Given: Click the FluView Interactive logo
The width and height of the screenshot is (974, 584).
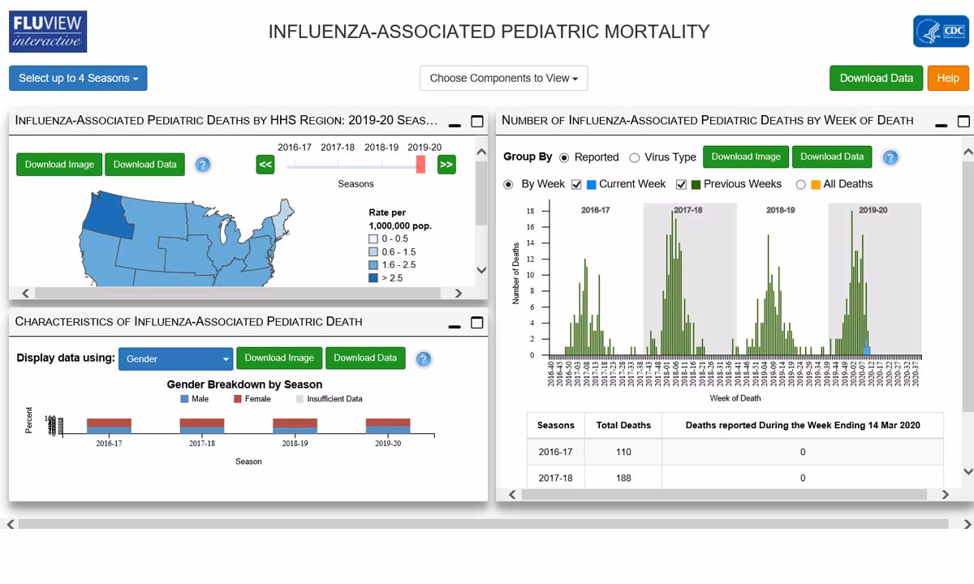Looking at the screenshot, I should [49, 32].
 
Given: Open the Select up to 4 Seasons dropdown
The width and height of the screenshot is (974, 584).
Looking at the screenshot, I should [78, 78].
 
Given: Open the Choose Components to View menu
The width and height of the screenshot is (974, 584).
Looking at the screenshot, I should [503, 78].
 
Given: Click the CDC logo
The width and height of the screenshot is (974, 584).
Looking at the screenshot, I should [940, 32].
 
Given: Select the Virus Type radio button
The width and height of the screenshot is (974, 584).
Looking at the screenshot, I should [635, 157].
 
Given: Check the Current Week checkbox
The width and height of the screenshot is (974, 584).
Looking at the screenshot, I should [576, 184].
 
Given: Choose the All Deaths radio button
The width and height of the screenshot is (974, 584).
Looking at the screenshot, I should [801, 184].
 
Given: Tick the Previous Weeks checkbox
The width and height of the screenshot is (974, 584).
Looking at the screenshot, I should [681, 184].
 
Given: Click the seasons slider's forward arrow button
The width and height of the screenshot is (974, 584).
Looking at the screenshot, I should [446, 165].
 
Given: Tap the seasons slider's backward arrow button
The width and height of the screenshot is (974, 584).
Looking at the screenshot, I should [265, 165].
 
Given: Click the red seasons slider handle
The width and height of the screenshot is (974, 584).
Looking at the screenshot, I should [420, 164].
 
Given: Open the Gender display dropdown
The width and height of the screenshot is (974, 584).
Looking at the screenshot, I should [175, 359].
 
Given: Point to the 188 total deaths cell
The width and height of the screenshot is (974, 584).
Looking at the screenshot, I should [623, 478].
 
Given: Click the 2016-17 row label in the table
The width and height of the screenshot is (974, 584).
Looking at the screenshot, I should [555, 452].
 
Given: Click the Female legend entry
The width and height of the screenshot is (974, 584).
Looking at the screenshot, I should [252, 399].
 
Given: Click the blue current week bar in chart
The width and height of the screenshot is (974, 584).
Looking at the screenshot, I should [867, 350].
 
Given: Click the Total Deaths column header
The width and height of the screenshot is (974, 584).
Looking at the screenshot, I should [623, 425].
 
